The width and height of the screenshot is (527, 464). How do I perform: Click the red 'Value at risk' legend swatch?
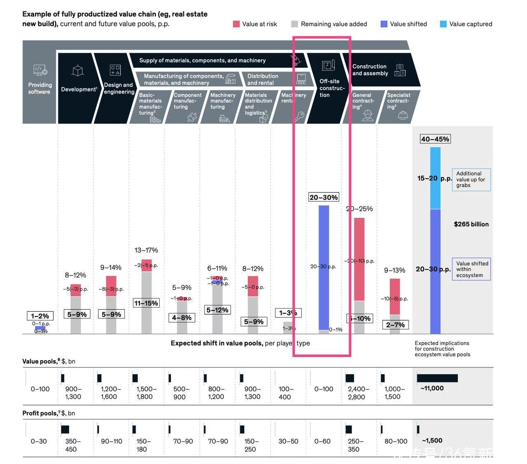(236, 24)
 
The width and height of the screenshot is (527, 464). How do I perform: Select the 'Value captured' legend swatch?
(443, 24)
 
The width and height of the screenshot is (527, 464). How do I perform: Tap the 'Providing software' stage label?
(40, 88)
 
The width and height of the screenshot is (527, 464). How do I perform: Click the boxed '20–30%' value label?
(324, 198)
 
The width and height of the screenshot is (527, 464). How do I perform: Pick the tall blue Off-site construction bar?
(324, 268)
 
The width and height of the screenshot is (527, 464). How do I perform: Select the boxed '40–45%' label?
(435, 139)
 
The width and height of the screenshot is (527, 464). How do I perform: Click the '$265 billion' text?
(471, 224)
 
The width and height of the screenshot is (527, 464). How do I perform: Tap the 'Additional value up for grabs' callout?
(471, 180)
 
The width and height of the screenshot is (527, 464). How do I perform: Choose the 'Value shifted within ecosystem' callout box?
(472, 269)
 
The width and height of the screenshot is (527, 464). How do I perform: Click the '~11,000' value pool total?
(432, 388)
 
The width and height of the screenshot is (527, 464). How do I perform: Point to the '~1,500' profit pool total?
(432, 441)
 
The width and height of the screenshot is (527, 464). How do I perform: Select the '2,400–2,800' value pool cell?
(357, 393)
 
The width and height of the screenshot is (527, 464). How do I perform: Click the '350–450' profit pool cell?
(72, 445)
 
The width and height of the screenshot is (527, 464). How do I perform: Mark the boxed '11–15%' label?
(146, 303)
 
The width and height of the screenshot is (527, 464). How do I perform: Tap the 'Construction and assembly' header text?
(370, 70)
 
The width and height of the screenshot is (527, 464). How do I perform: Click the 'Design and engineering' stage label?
(118, 88)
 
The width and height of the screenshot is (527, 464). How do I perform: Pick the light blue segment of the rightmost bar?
(435, 178)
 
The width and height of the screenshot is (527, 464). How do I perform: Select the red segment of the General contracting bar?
(359, 259)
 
